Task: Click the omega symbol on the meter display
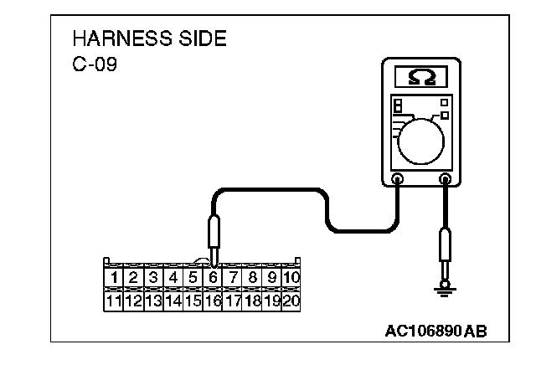[421, 77]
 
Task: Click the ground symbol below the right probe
[446, 289]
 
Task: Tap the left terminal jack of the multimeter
[398, 178]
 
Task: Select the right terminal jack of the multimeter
[446, 178]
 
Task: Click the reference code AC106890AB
[435, 330]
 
